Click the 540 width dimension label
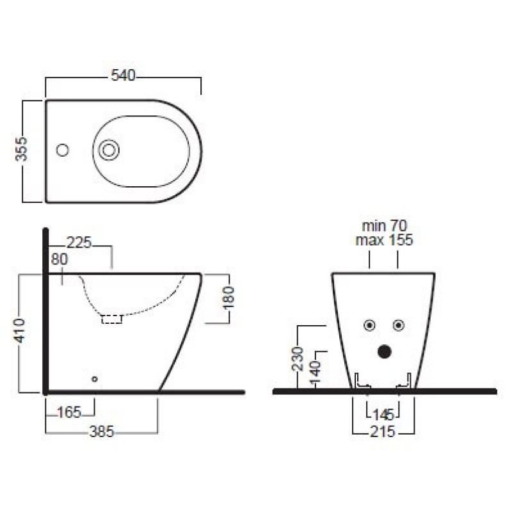123,76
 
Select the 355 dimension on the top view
22,149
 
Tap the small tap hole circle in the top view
62,150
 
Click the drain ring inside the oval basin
109,150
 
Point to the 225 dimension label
79,243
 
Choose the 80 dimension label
60,259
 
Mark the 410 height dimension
20,331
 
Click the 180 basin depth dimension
228,297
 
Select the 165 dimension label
69,412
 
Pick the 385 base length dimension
102,431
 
